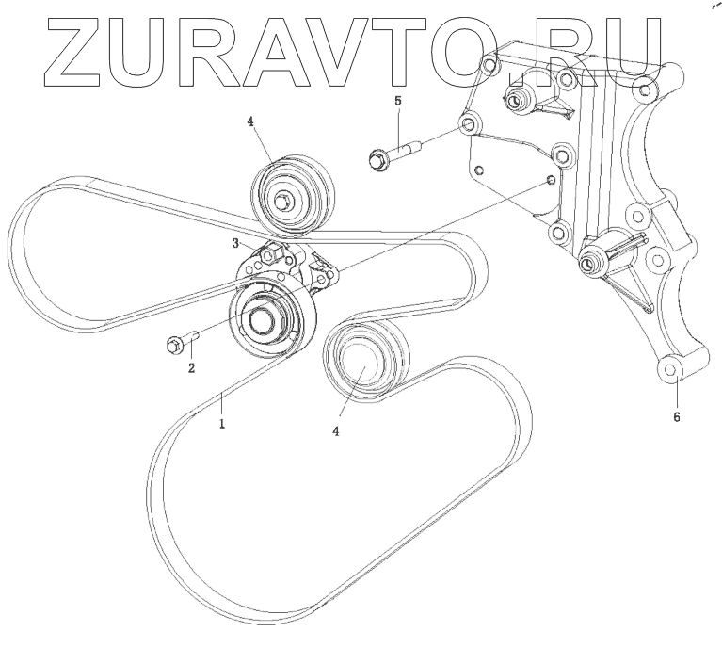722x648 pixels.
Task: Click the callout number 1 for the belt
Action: pos(222,424)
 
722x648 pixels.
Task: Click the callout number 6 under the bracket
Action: pos(676,414)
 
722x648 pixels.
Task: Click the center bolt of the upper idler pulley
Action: pos(283,199)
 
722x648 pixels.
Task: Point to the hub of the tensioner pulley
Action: pos(259,320)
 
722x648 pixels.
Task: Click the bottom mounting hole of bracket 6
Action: pos(670,371)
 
